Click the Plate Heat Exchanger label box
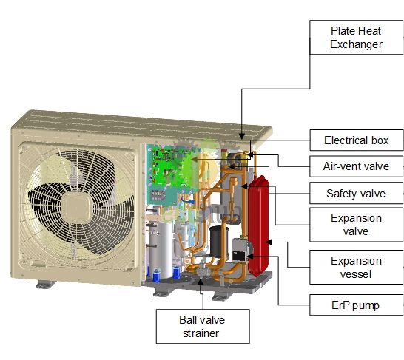pos(357,38)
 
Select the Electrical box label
pos(357,140)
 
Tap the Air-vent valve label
pos(357,166)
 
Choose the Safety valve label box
pos(357,193)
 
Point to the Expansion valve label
pos(357,225)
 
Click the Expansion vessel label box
pos(357,267)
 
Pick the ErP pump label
pos(357,305)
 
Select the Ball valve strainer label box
pos(203,326)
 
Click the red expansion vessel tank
pos(258,225)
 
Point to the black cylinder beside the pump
pos(219,242)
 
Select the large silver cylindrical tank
pos(161,250)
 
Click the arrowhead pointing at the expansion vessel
pos(269,242)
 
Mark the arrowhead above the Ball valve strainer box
pos(201,282)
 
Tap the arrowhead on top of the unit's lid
pos(242,136)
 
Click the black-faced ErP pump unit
pos(239,250)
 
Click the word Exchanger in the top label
pos(357,44)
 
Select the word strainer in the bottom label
pos(201,333)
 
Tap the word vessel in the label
pos(356,274)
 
